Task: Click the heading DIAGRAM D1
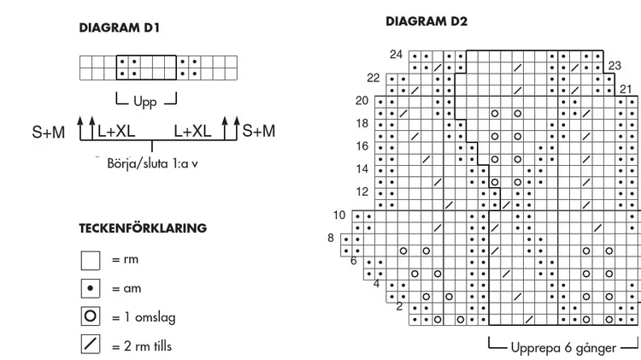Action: pyautogui.click(x=119, y=28)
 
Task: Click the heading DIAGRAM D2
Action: pyautogui.click(x=426, y=21)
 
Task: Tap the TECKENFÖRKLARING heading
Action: pyautogui.click(x=143, y=227)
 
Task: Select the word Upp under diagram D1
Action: pyautogui.click(x=145, y=101)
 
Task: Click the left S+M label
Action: pyautogui.click(x=49, y=133)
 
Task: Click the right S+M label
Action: pyautogui.click(x=259, y=131)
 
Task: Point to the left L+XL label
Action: pyautogui.click(x=116, y=131)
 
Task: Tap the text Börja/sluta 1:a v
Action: pyautogui.click(x=152, y=163)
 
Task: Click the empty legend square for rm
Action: pyautogui.click(x=91, y=261)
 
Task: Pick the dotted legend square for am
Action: pyautogui.click(x=91, y=288)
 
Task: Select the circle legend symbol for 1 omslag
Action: pyautogui.click(x=91, y=316)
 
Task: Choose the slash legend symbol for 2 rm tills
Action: pyautogui.click(x=91, y=344)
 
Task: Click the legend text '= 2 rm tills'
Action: pyautogui.click(x=142, y=346)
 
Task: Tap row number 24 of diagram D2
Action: pyautogui.click(x=396, y=55)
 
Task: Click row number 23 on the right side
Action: pyautogui.click(x=615, y=66)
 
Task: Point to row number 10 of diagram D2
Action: pyautogui.click(x=339, y=215)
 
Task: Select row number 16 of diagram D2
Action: pyautogui.click(x=362, y=146)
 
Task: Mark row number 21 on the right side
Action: pyautogui.click(x=626, y=89)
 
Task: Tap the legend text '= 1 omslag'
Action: pyautogui.click(x=144, y=317)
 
